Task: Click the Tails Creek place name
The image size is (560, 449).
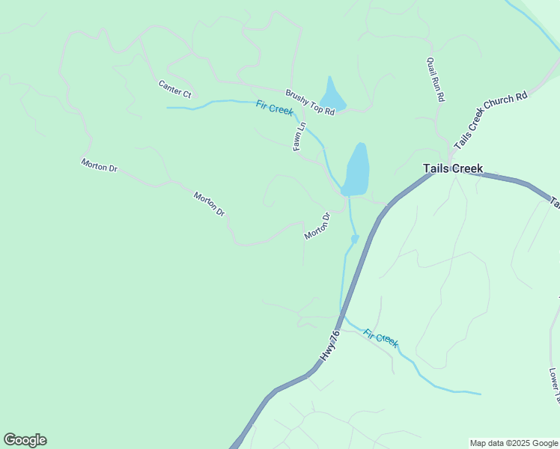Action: pos(453,169)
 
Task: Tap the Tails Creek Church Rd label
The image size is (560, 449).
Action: pos(490,120)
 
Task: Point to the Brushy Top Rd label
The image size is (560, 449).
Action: pos(309,102)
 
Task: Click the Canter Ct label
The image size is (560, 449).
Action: pos(175,89)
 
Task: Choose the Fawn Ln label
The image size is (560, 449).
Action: pos(299,137)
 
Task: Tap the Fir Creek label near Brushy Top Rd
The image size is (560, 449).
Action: pos(274,109)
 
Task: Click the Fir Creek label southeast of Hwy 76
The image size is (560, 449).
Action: pos(380,338)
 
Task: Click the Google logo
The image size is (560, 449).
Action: pos(25,440)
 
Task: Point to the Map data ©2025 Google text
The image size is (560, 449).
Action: pos(514,443)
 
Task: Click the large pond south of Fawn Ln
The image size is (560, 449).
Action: pos(357,168)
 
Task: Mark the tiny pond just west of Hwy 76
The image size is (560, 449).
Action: pos(355,239)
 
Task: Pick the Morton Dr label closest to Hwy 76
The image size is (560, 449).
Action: pos(317,227)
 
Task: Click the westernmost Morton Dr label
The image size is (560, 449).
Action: pos(100,165)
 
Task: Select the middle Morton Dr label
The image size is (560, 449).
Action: pos(209,204)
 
